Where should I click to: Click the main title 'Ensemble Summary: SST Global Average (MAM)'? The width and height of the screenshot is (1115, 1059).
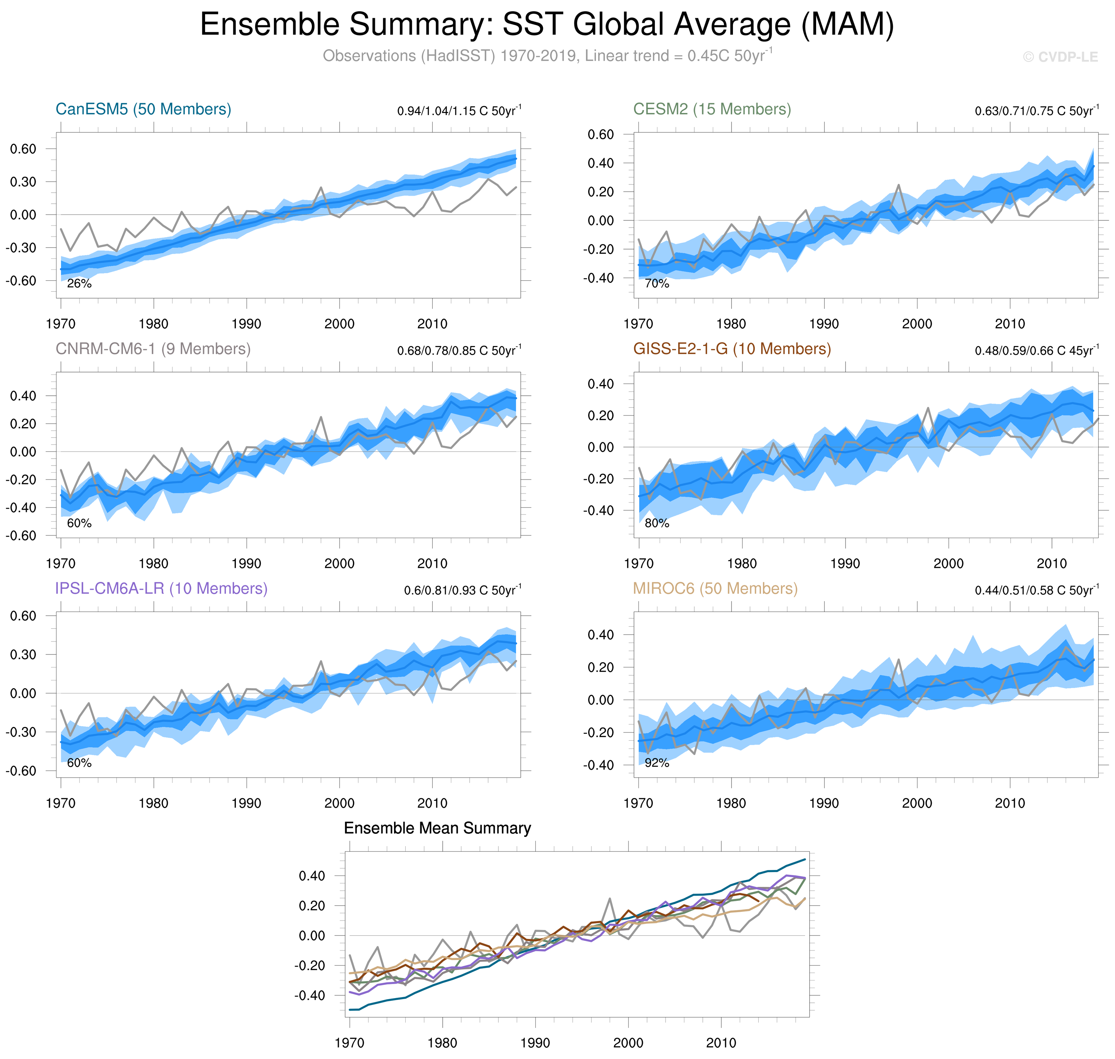546,25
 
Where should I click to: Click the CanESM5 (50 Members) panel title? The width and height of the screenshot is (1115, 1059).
143,109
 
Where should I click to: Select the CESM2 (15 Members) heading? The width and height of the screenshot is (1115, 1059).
712,109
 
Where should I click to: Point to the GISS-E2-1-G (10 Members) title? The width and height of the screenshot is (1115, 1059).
732,349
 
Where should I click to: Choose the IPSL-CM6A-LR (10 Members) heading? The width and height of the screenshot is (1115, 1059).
161,588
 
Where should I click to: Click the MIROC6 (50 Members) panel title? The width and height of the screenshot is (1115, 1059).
715,588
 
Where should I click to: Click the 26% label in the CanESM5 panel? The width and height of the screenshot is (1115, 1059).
79,283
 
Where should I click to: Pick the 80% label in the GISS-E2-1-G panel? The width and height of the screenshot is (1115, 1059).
657,523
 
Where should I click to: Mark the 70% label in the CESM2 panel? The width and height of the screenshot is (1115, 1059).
657,283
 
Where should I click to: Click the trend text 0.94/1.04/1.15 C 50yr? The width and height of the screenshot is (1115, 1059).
459,111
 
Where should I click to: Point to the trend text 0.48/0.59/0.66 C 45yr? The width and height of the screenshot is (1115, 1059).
1037,350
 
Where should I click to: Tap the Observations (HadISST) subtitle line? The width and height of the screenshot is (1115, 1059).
546,56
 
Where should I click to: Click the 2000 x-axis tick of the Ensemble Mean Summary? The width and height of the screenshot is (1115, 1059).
628,1043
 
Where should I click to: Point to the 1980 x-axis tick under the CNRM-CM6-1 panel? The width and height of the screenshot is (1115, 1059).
154,563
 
